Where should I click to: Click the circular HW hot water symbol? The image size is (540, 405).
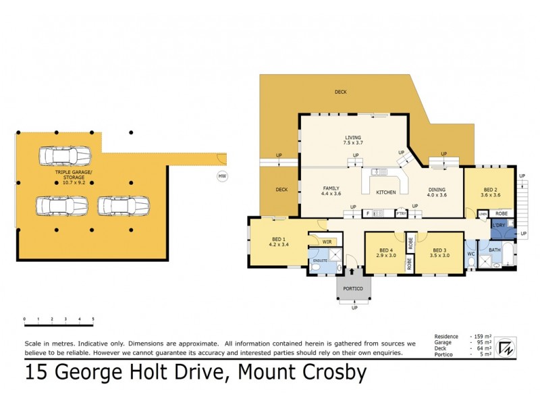point(221,177)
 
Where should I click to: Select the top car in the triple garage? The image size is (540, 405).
point(65,155)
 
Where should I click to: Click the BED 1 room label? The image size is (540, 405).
point(278,240)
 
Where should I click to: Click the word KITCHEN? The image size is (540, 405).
point(386,192)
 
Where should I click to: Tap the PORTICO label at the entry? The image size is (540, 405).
point(354,289)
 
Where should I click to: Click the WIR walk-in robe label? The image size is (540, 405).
point(327,241)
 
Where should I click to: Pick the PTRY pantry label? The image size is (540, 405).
point(401,213)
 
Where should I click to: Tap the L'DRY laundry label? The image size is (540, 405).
point(499,224)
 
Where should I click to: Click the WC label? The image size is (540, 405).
point(471,254)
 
